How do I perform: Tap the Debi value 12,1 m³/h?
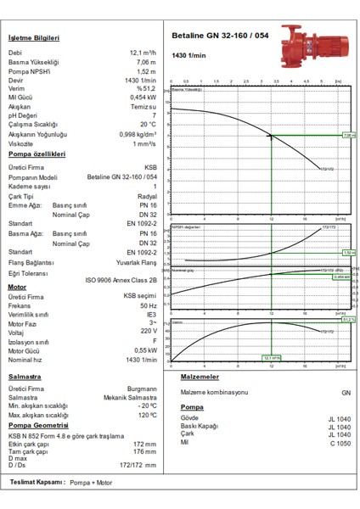143,53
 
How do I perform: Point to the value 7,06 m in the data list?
146,62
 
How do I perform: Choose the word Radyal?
147,194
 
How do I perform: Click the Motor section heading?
17,287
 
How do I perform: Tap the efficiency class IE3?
151,314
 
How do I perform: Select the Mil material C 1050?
340,443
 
